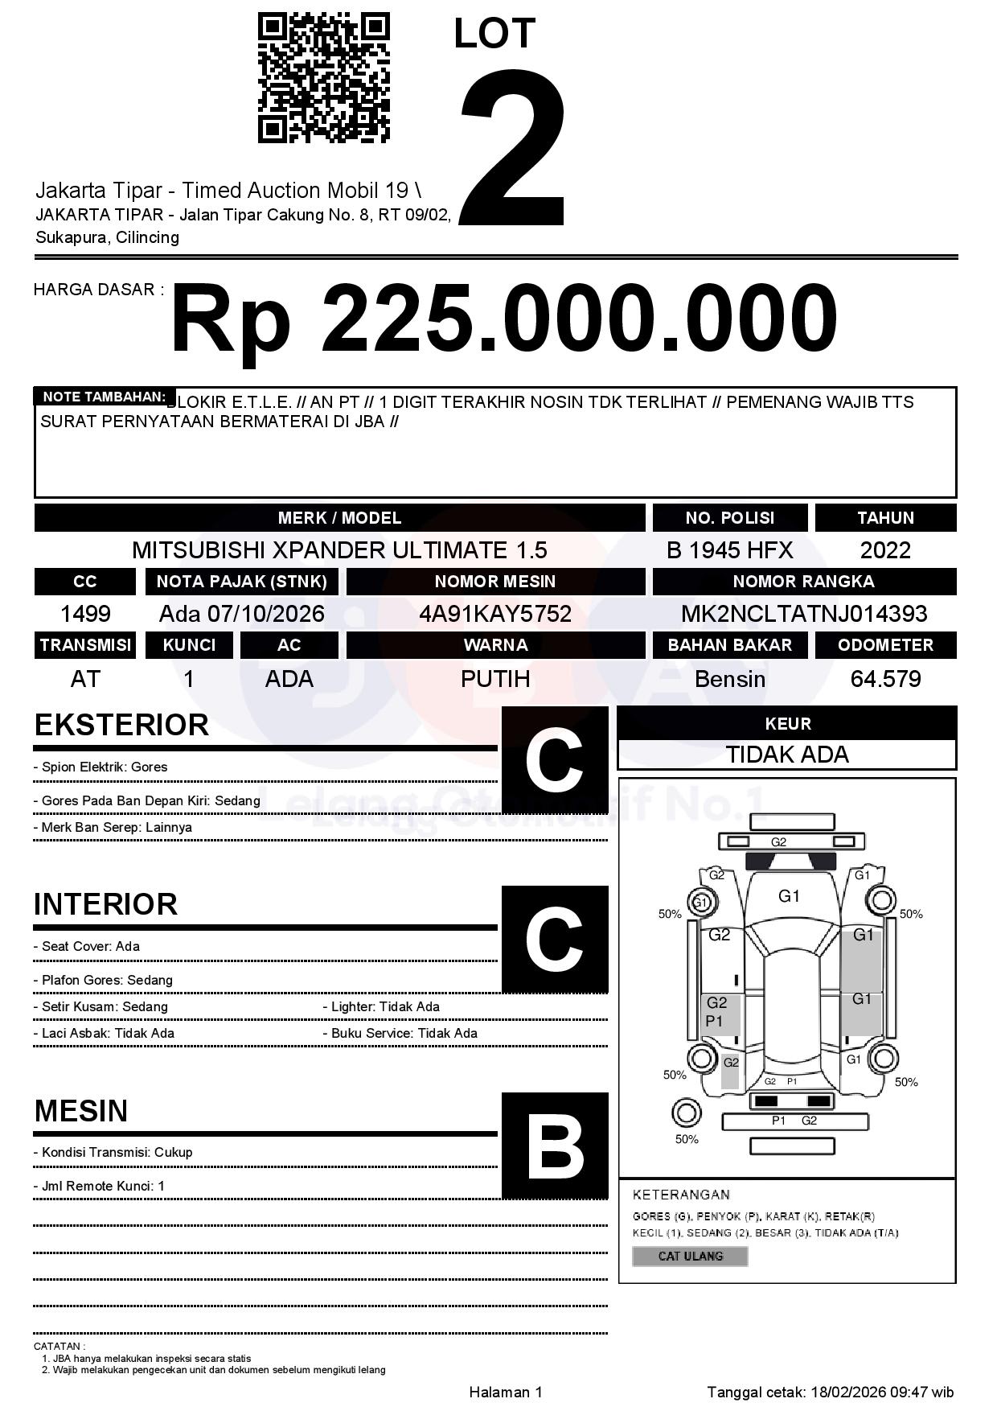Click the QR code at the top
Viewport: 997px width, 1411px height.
tap(323, 77)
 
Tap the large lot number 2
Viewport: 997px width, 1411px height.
tap(513, 146)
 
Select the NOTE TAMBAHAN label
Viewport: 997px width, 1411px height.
tap(104, 397)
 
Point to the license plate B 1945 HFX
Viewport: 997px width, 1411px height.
tap(729, 550)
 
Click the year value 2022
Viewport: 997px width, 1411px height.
tap(885, 550)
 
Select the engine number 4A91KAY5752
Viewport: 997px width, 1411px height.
tap(495, 614)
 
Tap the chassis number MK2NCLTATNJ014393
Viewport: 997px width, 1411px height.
tap(804, 614)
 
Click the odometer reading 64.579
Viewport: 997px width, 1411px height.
tap(885, 679)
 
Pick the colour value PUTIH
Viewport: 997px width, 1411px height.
tap(495, 679)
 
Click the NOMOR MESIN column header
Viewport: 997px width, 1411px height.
tap(495, 581)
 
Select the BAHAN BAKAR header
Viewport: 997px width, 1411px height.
tap(729, 644)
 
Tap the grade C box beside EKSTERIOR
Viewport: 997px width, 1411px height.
tap(554, 760)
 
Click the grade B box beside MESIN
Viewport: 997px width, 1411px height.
tap(554, 1146)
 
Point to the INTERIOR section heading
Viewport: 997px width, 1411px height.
tap(105, 904)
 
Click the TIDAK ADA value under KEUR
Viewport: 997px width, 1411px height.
tap(787, 755)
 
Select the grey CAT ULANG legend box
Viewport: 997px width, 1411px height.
tap(690, 1256)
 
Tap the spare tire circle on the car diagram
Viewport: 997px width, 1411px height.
tap(686, 1114)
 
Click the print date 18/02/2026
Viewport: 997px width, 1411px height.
tap(847, 1392)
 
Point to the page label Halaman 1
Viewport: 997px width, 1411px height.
tap(506, 1392)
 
